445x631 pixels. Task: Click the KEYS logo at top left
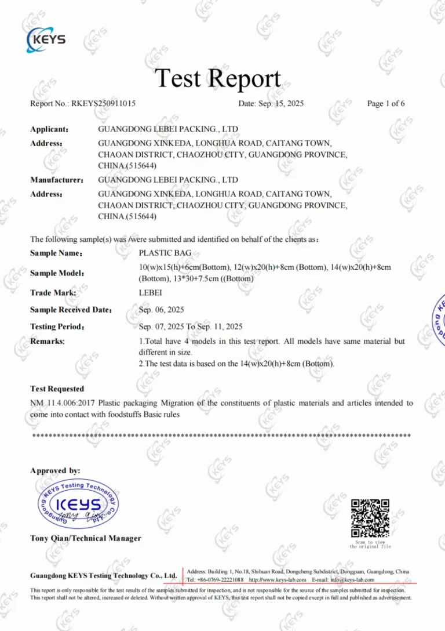(46, 39)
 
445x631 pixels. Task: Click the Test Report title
(218, 78)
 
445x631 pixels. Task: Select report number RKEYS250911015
(103, 104)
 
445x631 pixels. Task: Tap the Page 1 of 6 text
(386, 104)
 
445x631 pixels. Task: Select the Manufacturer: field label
(57, 180)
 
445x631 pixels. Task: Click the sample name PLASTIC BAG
(165, 253)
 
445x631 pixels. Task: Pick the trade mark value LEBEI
(151, 293)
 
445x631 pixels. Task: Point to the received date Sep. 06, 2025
(162, 310)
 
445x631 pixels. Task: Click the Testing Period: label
(57, 327)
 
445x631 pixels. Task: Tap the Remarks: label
(48, 342)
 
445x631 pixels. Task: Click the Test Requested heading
(57, 389)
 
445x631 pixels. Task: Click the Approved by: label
(55, 470)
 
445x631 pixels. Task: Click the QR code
(370, 518)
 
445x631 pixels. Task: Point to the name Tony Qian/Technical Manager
(85, 538)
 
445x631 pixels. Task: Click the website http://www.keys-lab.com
(278, 579)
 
